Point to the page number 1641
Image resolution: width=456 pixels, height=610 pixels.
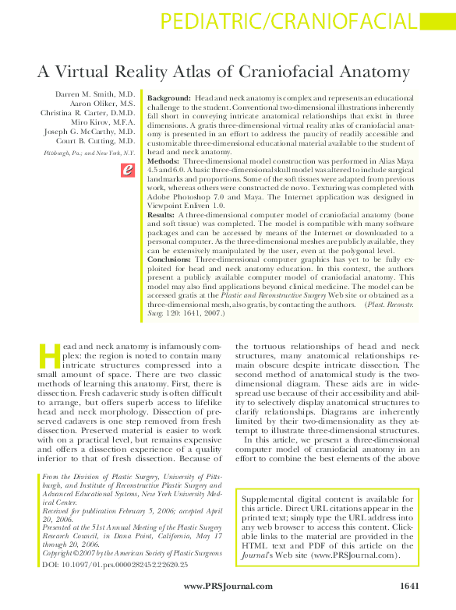coord(410,586)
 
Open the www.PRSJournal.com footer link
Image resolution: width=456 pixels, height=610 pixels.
coord(228,586)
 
